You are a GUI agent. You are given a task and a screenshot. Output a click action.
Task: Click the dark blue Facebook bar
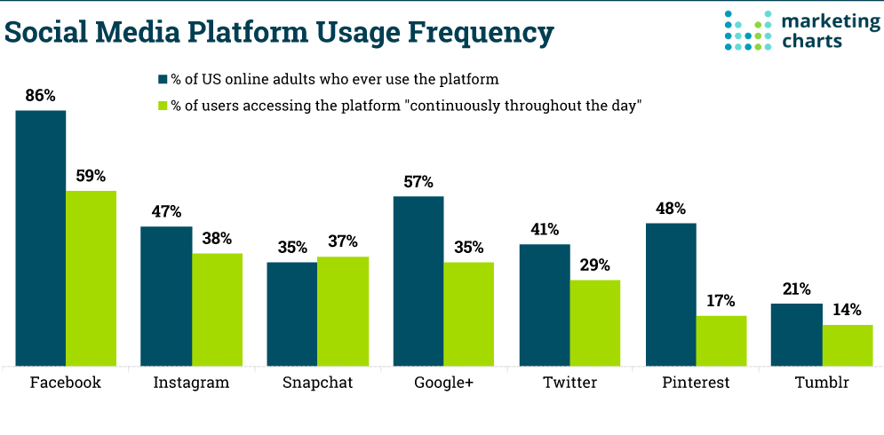point(41,238)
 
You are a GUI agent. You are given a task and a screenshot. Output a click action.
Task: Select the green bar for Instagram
point(217,309)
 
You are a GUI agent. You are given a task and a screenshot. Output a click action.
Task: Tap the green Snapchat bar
point(343,311)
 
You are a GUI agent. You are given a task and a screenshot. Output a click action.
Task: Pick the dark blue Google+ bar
point(418,281)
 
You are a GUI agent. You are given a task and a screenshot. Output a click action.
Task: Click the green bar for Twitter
point(594,322)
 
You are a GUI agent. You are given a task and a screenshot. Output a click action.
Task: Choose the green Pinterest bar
point(721,340)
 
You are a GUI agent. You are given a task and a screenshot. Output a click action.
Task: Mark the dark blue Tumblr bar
point(796,335)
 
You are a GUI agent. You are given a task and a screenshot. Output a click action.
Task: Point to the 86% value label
point(40,95)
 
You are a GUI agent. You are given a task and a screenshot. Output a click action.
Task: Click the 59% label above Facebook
point(91,176)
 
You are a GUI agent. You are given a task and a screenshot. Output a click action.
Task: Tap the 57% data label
point(418,182)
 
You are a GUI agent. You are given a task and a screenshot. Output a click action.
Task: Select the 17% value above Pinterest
point(721,301)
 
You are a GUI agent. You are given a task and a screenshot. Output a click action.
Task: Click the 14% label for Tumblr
point(847,310)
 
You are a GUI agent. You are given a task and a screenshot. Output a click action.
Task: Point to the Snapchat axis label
point(317,384)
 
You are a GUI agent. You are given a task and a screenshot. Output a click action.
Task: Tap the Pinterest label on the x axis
point(696,384)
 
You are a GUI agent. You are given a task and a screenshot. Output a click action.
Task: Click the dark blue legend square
point(163,78)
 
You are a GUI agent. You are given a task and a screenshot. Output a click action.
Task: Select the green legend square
point(163,107)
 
